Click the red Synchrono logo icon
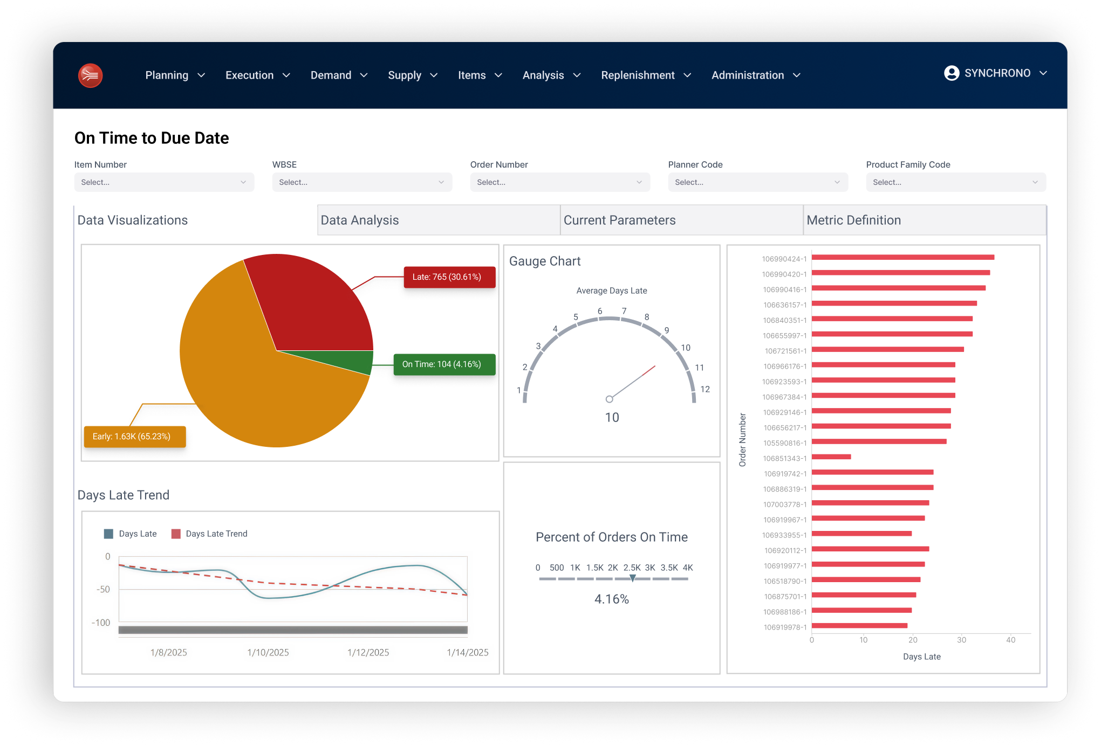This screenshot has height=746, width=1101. (90, 75)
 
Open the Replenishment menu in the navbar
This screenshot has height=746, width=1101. (645, 75)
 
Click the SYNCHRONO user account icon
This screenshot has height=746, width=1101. (952, 73)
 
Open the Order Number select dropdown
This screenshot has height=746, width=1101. (559, 182)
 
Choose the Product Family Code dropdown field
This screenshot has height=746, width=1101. (955, 182)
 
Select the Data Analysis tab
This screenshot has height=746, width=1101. (438, 220)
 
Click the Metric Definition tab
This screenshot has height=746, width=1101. (924, 220)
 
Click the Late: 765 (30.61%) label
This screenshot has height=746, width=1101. (449, 277)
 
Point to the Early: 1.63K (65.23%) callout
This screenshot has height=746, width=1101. (134, 437)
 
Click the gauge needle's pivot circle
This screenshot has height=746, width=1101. (609, 399)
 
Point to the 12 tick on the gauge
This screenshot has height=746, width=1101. (705, 389)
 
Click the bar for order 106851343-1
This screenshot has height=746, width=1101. (831, 457)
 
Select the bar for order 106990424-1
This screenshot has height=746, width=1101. (902, 258)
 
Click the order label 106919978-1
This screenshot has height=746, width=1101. (785, 627)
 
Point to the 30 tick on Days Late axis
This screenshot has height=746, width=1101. (961, 640)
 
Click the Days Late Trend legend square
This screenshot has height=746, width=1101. (176, 534)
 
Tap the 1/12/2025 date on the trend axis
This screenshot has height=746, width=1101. (368, 652)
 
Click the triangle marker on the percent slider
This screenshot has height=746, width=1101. (632, 578)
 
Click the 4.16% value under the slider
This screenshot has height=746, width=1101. (611, 599)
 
